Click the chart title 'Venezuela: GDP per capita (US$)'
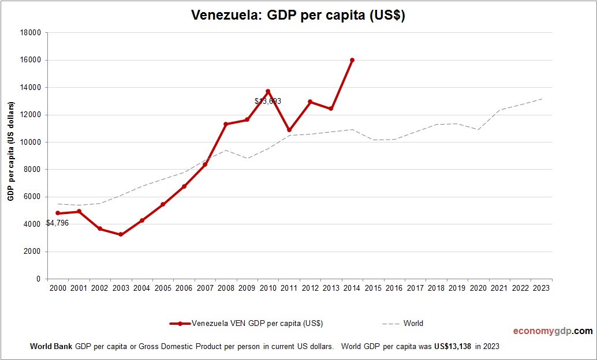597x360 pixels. pyautogui.click(x=298, y=16)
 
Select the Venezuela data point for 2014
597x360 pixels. pyautogui.click(x=352, y=60)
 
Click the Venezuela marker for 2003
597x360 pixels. pyautogui.click(x=121, y=234)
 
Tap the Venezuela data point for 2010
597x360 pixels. pyautogui.click(x=268, y=91)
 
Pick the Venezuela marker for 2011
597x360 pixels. pyautogui.click(x=289, y=130)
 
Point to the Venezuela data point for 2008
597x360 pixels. pyautogui.click(x=226, y=124)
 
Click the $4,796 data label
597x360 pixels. pyautogui.click(x=58, y=223)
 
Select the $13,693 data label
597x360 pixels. pyautogui.click(x=268, y=101)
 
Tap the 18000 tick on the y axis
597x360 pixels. pyautogui.click(x=31, y=33)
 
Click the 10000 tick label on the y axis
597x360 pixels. pyautogui.click(x=31, y=142)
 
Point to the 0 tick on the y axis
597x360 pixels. pyautogui.click(x=38, y=279)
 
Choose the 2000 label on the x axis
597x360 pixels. pyautogui.click(x=58, y=288)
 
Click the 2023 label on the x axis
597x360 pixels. pyautogui.click(x=542, y=288)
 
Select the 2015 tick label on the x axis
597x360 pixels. pyautogui.click(x=374, y=288)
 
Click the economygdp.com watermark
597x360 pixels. pyautogui.click(x=553, y=331)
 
